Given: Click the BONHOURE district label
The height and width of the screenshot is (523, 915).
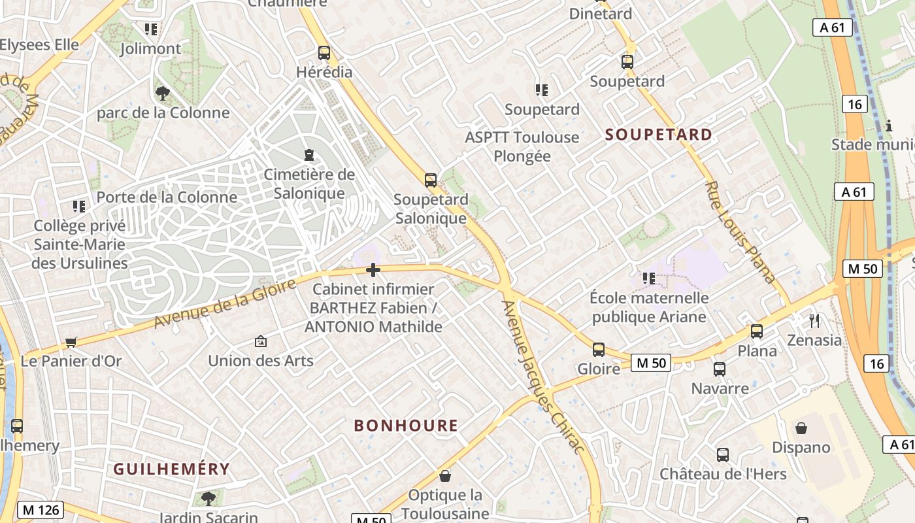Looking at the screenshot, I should (406, 426).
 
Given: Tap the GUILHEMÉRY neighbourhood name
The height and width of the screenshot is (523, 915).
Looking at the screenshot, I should (172, 469).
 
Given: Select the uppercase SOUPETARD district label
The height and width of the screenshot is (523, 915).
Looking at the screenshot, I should (659, 135).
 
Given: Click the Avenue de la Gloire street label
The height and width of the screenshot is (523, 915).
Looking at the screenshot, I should (225, 303).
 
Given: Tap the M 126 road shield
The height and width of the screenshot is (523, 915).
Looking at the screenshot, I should (41, 510).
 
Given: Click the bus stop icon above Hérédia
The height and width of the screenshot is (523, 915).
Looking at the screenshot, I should (324, 53).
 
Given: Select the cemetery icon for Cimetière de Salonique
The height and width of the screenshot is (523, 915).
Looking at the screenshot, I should (308, 155).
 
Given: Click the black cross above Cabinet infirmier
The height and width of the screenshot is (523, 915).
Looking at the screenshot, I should (373, 270).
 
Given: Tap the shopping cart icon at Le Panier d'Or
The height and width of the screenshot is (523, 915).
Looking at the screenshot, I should (71, 342).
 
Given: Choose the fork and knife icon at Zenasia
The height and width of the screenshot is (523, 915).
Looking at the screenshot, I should (814, 320).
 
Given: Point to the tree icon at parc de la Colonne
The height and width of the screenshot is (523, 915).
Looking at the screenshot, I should (163, 93).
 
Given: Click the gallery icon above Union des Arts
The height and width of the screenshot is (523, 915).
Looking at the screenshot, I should (261, 341).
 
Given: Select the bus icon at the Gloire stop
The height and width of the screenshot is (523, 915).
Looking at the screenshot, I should (599, 350).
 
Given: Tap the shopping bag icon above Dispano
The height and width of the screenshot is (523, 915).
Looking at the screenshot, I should (801, 428).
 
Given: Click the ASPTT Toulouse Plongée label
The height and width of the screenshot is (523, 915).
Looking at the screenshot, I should (522, 146).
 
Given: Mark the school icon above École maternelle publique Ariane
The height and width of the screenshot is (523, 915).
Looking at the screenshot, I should (648, 278).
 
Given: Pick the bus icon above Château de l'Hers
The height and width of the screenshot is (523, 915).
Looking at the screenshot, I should (722, 454).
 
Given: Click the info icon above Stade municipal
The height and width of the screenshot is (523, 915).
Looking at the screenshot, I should (888, 126).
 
